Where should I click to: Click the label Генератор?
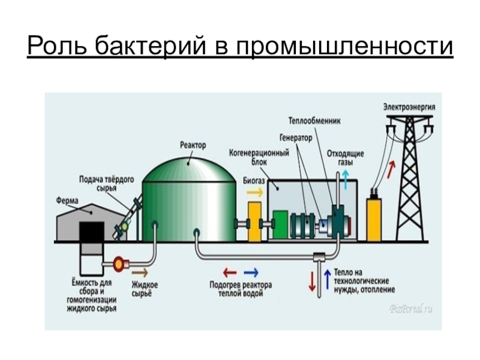296,137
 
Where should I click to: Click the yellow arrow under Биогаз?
254,193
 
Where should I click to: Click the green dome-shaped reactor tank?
191,198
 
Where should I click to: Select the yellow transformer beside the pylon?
374,219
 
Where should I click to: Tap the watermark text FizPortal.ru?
412,309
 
